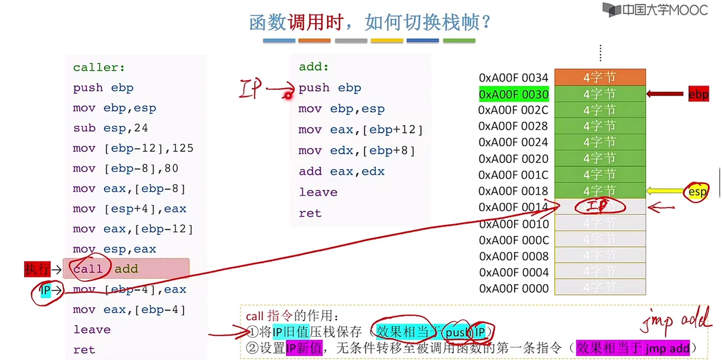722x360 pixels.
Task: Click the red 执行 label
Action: [37, 269]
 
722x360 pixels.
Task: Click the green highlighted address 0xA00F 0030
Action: [513, 94]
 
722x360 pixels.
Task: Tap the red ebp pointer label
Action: [698, 94]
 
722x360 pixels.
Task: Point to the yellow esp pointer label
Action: [698, 190]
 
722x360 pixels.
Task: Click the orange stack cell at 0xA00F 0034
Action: [600, 77]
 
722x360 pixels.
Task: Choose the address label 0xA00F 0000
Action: [513, 288]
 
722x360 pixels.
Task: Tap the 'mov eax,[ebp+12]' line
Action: [361, 129]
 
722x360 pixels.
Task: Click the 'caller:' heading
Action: [99, 68]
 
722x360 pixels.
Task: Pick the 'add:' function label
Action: [314, 67]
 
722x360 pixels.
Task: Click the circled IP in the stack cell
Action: [599, 206]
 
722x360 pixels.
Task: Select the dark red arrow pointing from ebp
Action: [665, 94]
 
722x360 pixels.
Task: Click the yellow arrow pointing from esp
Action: [665, 190]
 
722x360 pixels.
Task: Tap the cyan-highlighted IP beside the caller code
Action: [45, 290]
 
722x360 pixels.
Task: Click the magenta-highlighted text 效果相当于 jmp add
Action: [633, 348]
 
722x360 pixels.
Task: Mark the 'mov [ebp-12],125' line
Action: [133, 149]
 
